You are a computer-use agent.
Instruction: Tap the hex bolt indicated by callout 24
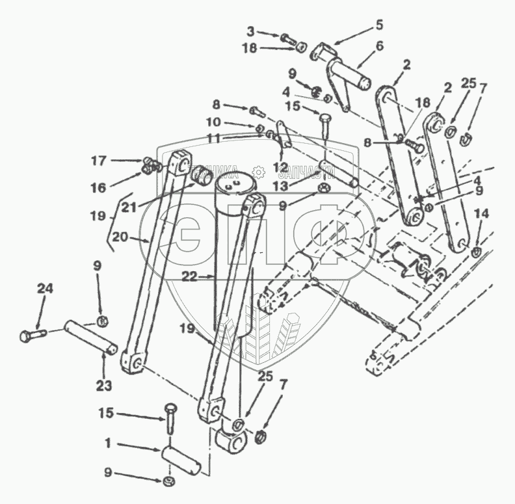click(31, 336)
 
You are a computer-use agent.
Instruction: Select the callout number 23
click(104, 385)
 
